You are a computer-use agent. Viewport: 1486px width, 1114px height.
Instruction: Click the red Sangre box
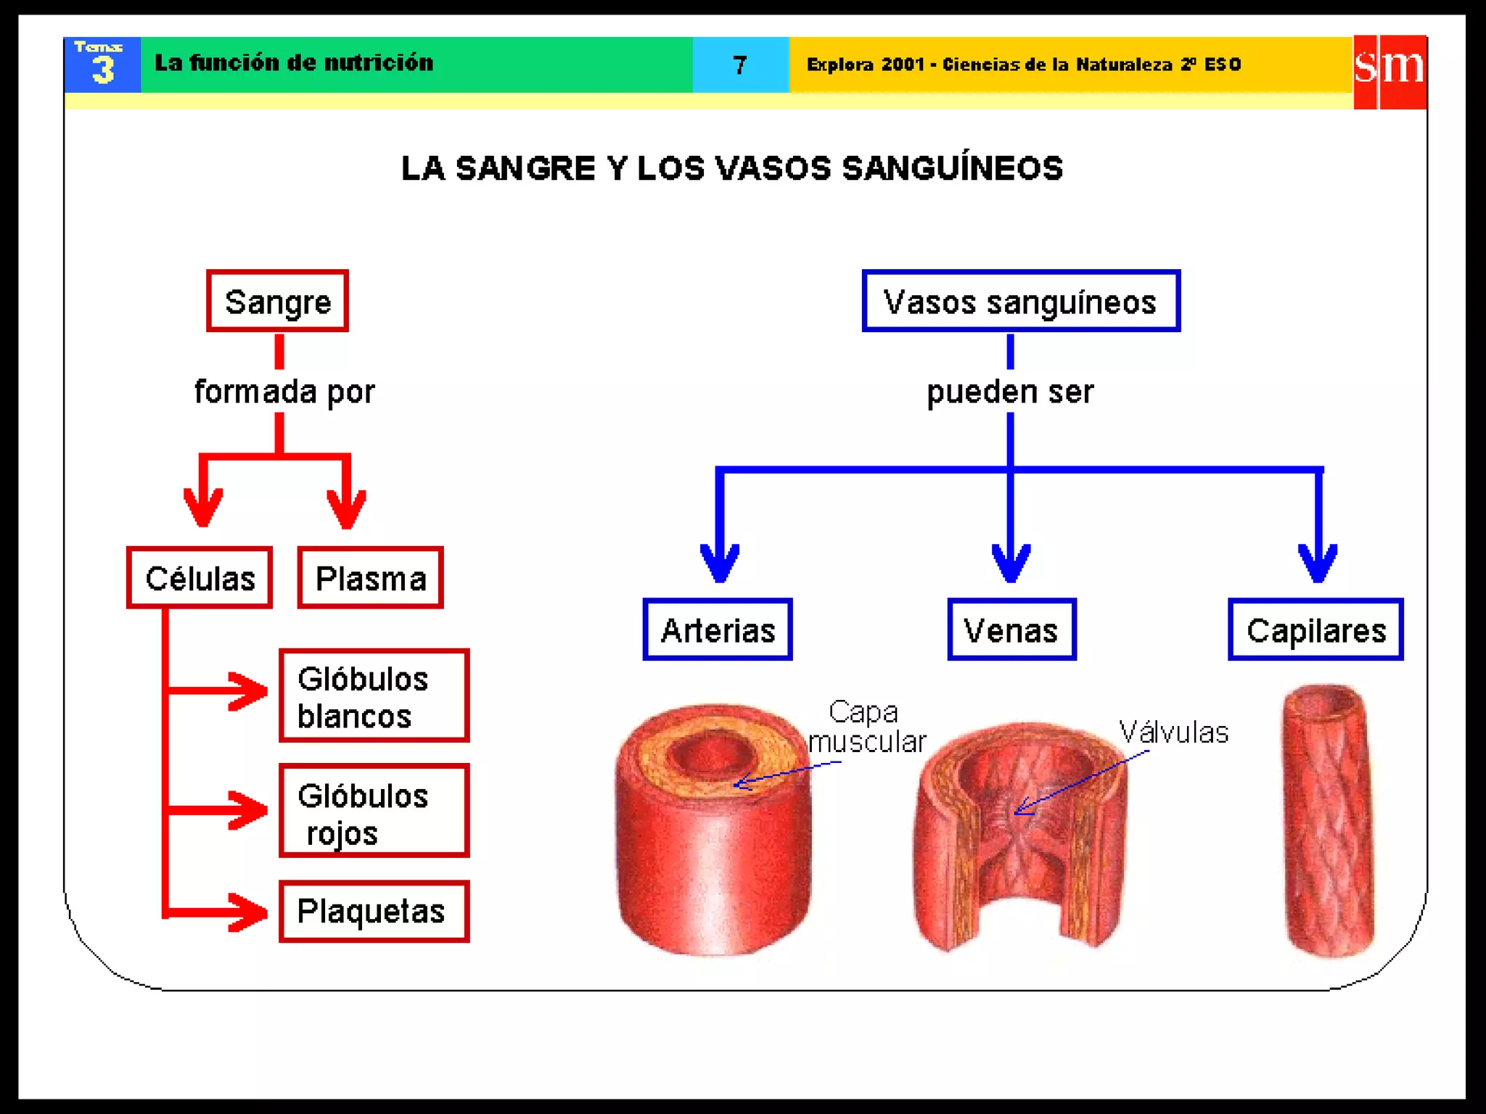[x=277, y=301]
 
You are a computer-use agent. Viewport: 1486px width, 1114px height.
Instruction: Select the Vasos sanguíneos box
[x=1020, y=301]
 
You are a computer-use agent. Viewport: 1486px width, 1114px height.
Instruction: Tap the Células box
[x=200, y=578]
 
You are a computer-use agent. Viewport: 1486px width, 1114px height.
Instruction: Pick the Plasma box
[x=370, y=578]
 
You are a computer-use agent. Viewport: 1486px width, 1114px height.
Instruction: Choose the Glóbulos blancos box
[x=374, y=696]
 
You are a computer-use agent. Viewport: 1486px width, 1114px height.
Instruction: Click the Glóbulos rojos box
[x=374, y=811]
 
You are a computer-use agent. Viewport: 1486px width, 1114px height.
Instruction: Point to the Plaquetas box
[x=374, y=912]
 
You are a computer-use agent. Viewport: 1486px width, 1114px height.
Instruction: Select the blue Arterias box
[x=718, y=630]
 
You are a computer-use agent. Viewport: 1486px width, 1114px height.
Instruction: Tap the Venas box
[x=1011, y=630]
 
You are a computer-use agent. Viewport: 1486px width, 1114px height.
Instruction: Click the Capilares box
[x=1315, y=630]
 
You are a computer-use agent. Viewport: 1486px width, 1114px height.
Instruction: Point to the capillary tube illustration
[x=1328, y=820]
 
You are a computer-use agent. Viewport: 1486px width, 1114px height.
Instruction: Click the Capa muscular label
[x=866, y=727]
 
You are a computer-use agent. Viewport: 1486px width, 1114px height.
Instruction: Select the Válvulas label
[x=1173, y=733]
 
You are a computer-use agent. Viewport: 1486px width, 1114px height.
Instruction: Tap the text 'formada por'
[x=284, y=392]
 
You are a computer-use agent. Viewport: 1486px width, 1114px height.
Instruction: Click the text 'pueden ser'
[x=1010, y=392]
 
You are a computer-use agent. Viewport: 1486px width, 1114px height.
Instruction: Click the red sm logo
[x=1389, y=71]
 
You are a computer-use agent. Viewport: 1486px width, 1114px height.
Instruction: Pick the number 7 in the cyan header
[x=739, y=65]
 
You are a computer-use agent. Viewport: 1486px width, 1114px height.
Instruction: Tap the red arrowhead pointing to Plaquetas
[x=248, y=912]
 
